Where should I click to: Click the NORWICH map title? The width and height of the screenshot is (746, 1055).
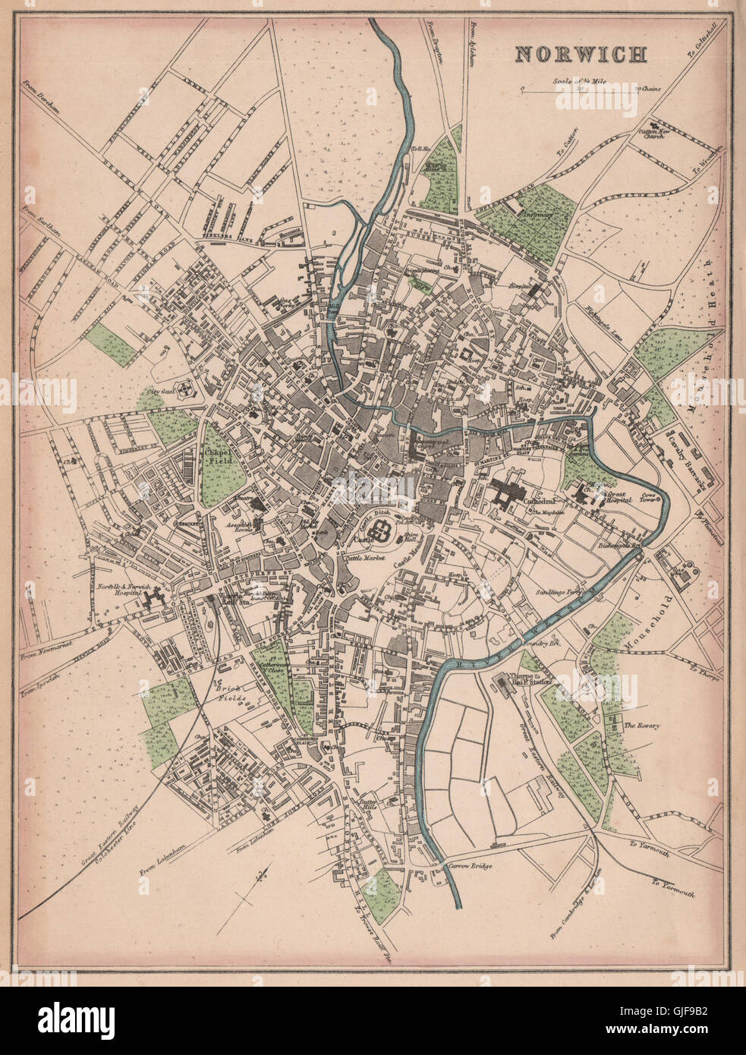click(581, 55)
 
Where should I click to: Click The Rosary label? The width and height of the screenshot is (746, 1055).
click(642, 726)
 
